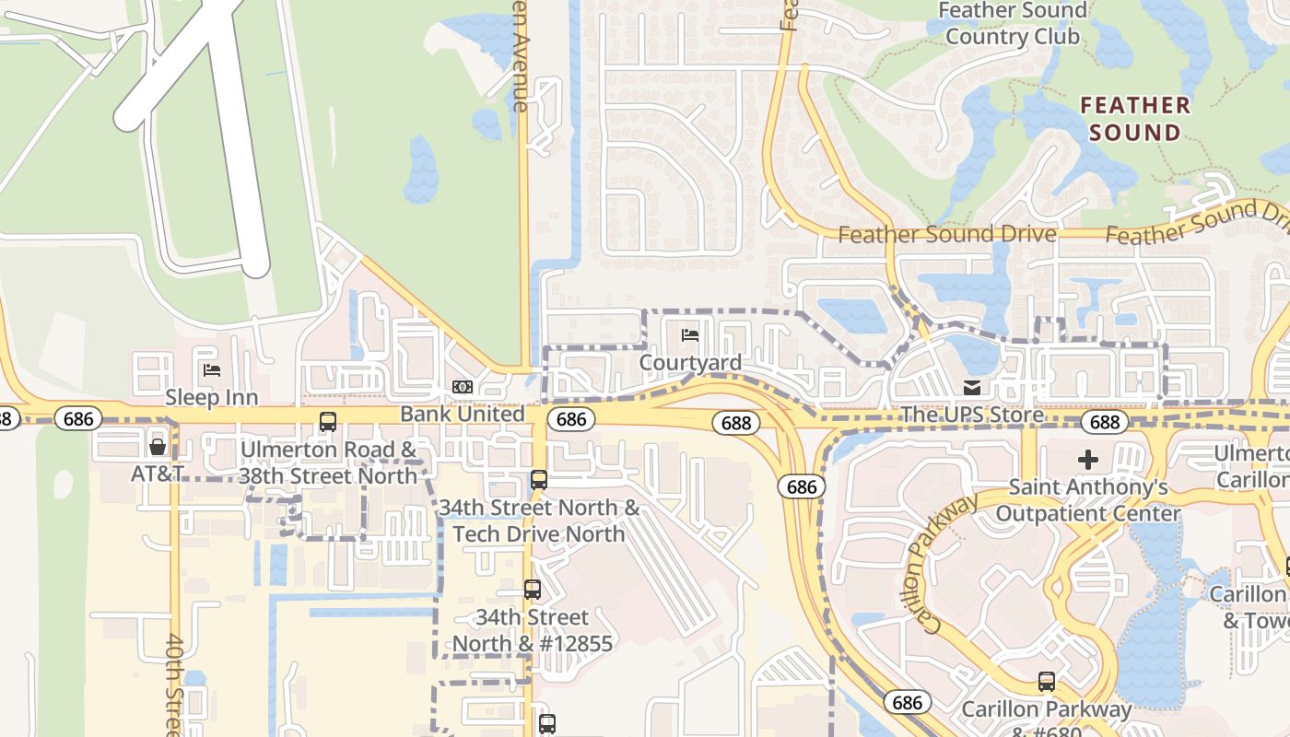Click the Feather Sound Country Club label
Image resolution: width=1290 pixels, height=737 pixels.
tap(1012, 24)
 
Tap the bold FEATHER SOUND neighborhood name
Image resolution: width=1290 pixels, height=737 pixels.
tap(1134, 119)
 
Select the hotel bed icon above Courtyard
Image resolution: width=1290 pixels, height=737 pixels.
tap(690, 334)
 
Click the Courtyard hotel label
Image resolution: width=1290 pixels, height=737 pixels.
tap(690, 362)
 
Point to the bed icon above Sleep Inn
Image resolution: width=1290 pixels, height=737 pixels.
tap(211, 370)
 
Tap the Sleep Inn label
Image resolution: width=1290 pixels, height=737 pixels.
tap(211, 397)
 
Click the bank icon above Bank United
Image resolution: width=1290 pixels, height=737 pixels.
tap(463, 387)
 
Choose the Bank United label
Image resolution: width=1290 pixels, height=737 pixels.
tap(463, 414)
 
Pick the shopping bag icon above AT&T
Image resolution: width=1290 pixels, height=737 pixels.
tap(158, 447)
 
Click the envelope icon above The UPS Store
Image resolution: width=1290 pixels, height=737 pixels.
tap(971, 387)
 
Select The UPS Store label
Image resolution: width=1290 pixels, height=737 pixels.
tap(971, 415)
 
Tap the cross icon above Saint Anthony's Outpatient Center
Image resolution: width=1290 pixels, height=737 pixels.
tap(1088, 459)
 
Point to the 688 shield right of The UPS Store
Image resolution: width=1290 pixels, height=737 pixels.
tap(1104, 422)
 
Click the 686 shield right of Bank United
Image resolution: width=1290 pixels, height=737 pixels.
tap(571, 419)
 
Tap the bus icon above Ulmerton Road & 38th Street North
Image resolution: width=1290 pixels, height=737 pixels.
tap(327, 422)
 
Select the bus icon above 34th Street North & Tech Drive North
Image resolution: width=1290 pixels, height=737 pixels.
tap(539, 480)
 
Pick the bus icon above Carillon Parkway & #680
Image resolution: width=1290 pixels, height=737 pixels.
tap(1046, 682)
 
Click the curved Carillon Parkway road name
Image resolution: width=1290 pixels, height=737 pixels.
tap(941, 562)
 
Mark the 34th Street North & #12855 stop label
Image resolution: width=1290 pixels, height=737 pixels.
tap(532, 630)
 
